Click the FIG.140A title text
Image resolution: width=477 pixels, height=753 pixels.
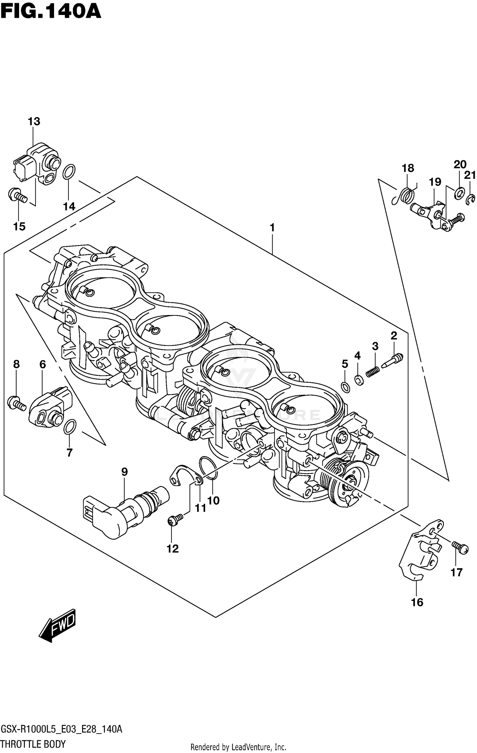point(51,12)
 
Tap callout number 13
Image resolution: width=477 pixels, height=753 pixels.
point(34,121)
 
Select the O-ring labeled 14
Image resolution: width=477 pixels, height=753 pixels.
point(69,172)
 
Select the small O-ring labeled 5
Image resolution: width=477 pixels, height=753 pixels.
point(345,387)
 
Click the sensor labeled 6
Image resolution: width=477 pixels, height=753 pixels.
point(49,407)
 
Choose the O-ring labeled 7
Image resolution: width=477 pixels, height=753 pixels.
point(70,426)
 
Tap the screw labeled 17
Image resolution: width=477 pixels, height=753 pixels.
point(460,547)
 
